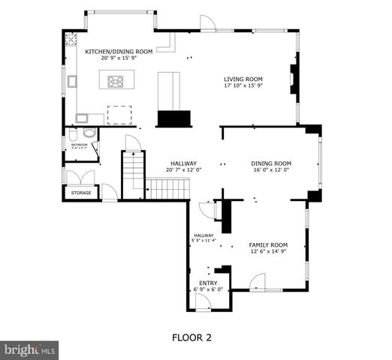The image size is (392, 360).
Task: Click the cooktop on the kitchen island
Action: (116, 81)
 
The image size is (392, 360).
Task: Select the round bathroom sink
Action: (89, 133)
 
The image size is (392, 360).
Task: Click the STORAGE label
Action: (81, 193)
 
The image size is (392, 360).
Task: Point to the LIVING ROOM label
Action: (243, 78)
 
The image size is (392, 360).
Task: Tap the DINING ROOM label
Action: (270, 163)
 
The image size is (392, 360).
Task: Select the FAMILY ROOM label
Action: (268, 244)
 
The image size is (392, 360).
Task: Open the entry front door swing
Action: (202, 301)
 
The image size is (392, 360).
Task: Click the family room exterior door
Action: (258, 283)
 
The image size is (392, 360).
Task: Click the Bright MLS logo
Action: (29, 349)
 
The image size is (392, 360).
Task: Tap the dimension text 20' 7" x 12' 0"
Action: (183, 169)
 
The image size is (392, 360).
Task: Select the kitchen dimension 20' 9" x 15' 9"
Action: (119, 58)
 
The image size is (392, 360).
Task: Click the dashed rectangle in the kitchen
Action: (119, 114)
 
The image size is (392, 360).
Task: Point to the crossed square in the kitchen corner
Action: (73, 40)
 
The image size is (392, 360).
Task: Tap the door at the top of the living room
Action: (207, 24)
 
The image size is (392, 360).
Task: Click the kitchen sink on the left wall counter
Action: (72, 82)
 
